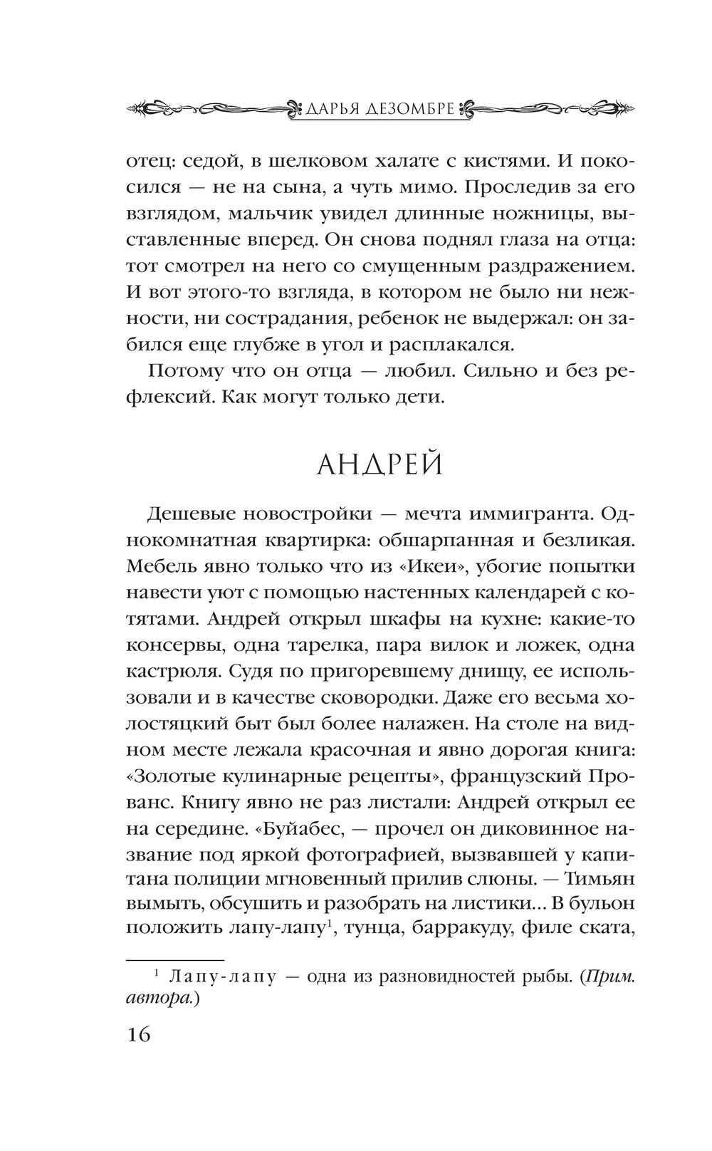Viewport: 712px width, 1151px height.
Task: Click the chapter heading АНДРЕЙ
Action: [379, 465]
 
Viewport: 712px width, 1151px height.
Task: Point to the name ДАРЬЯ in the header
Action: [330, 109]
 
